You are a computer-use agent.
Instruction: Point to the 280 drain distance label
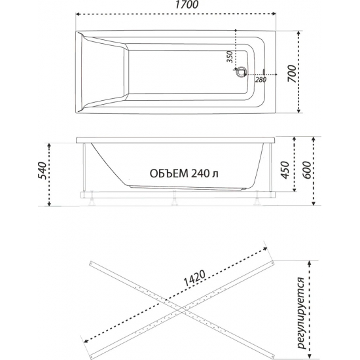point(260,80)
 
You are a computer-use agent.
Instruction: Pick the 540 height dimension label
point(41,172)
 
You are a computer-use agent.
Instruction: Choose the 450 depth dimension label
point(283,171)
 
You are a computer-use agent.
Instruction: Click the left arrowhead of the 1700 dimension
point(77,14)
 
